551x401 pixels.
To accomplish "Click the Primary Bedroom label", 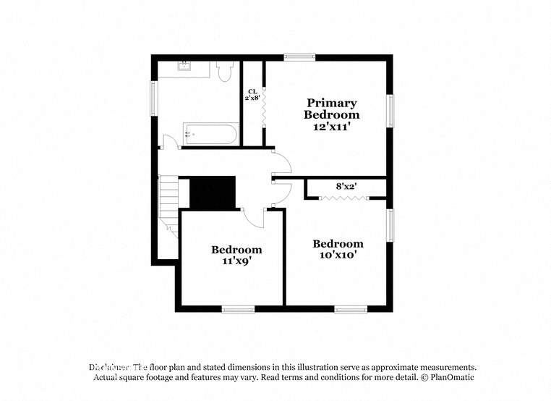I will pyautogui.click(x=331, y=109).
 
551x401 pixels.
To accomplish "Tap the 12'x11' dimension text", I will pyautogui.click(x=332, y=127).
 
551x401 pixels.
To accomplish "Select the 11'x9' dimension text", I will pyautogui.click(x=231, y=261).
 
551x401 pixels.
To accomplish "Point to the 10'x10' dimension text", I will pyautogui.click(x=337, y=255).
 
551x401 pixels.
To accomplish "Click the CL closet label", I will pyautogui.click(x=252, y=91).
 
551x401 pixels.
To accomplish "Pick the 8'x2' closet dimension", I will pyautogui.click(x=347, y=186).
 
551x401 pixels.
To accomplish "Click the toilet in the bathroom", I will pyautogui.click(x=223, y=71).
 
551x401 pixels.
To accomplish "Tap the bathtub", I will pyautogui.click(x=210, y=134).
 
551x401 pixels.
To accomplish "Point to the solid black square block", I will pyautogui.click(x=213, y=193).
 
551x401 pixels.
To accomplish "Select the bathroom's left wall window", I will pyautogui.click(x=153, y=98).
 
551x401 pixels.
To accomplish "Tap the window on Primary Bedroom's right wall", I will pyautogui.click(x=390, y=111).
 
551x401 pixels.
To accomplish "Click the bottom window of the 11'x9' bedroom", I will pyautogui.click(x=238, y=309).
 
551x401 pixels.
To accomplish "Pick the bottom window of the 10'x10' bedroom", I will pyautogui.click(x=351, y=309).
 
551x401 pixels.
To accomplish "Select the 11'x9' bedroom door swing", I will pyautogui.click(x=254, y=215).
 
